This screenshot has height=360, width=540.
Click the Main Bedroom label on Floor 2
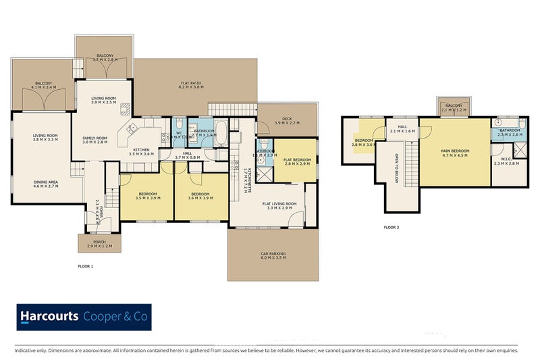pos(454,151)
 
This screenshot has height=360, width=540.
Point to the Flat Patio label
pos(191,84)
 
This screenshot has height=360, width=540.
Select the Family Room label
pos(95,139)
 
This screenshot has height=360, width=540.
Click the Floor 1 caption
pos(86,267)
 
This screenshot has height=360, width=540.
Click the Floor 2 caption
pos(391,227)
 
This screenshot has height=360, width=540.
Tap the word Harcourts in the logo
pos(49,316)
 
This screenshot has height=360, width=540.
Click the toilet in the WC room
pos(177,126)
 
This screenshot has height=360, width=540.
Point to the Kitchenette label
pos(249,177)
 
